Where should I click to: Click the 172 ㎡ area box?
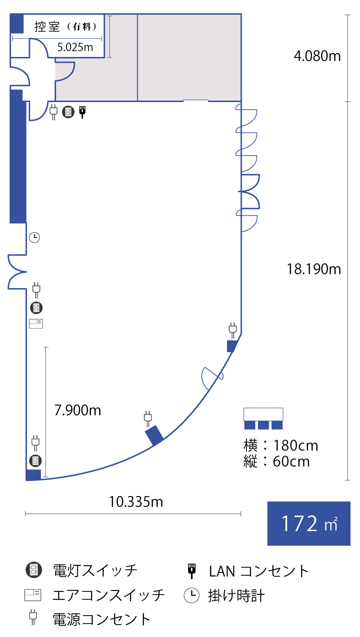(309, 523)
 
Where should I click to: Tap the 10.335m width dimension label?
(136, 501)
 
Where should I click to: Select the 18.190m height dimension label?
(314, 269)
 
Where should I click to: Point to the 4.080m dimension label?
(317, 56)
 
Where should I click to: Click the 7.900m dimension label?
(78, 410)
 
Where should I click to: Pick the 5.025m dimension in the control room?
(75, 47)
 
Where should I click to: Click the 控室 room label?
(47, 27)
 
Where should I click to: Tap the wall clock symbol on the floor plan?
(35, 237)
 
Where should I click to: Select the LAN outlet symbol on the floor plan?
(82, 112)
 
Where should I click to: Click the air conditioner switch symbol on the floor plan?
(36, 324)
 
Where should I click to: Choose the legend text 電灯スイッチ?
(95, 570)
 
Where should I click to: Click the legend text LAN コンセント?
(259, 571)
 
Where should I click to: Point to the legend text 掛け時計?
(236, 595)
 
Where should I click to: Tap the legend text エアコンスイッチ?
(109, 595)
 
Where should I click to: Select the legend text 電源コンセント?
(102, 619)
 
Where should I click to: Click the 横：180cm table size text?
(281, 446)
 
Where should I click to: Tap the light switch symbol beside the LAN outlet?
(68, 112)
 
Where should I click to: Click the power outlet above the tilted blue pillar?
(148, 417)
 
